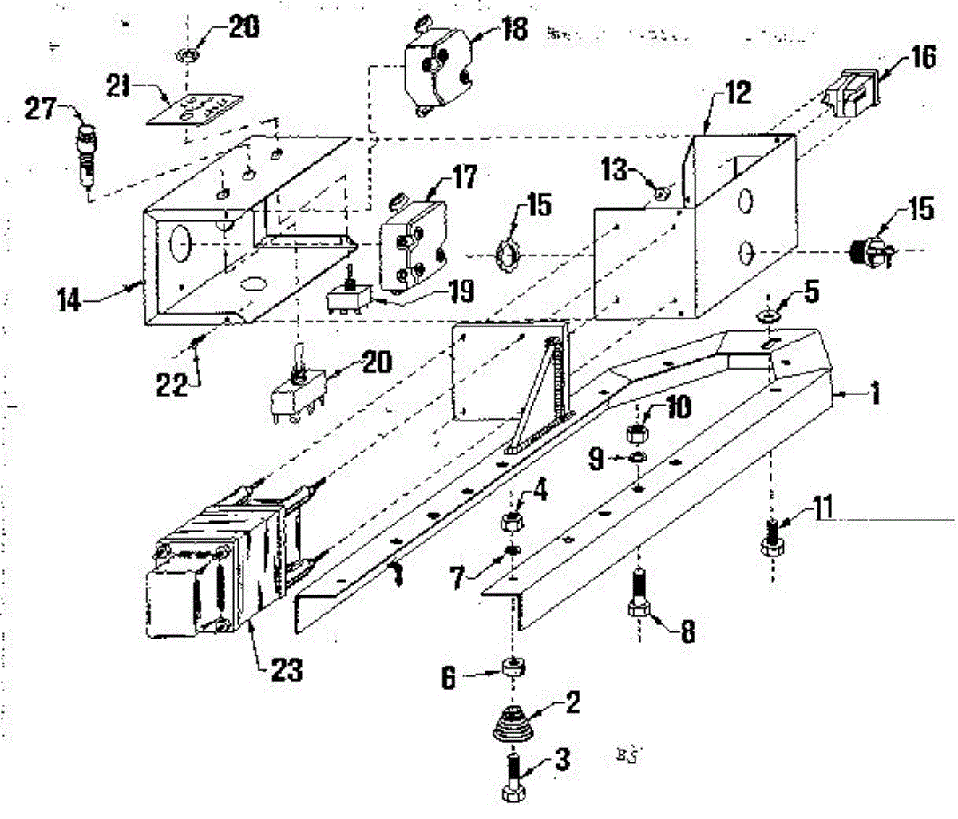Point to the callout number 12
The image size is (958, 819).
[x=738, y=94]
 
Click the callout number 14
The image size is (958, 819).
[x=72, y=302]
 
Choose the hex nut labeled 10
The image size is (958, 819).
[x=638, y=433]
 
